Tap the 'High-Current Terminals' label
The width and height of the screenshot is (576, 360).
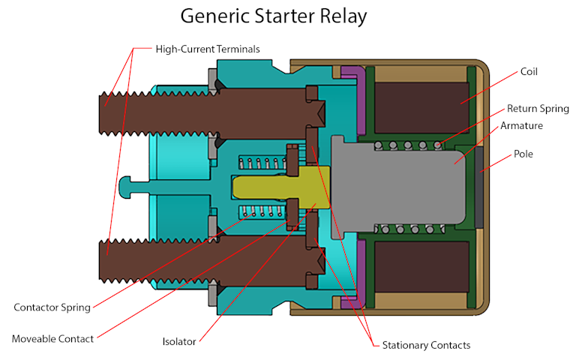pyautogui.click(x=208, y=49)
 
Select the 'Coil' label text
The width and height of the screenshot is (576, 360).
pyautogui.click(x=529, y=72)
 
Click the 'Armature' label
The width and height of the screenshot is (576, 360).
pyautogui.click(x=522, y=126)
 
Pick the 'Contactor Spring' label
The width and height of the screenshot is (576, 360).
pyautogui.click(x=52, y=307)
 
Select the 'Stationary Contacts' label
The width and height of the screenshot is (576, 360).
pyautogui.click(x=426, y=345)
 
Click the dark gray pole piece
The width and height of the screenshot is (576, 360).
pyautogui.click(x=478, y=184)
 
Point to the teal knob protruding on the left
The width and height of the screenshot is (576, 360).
pyautogui.click(x=127, y=184)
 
